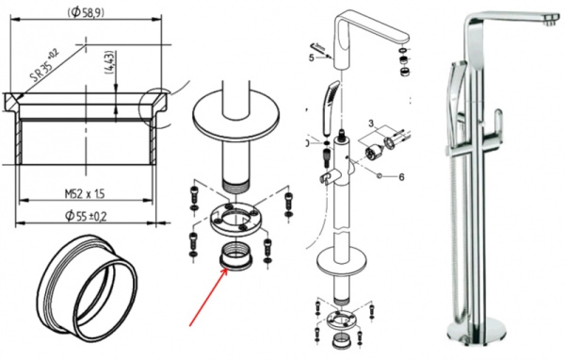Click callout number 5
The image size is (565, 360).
point(310,57)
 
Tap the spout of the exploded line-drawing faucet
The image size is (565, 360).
point(372,19)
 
